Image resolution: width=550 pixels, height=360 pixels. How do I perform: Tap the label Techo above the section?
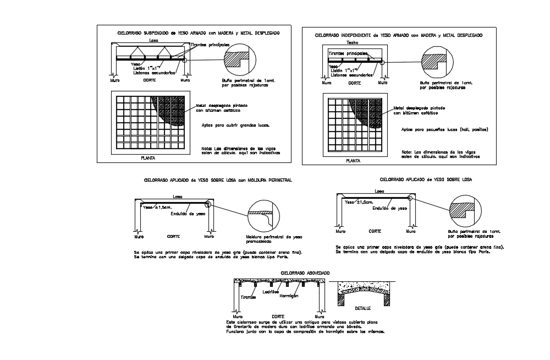tap(353, 42)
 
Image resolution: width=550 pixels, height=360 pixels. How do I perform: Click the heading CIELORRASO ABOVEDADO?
tap(305, 272)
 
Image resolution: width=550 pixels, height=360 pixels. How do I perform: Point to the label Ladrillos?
tap(271, 292)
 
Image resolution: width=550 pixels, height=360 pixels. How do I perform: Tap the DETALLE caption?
tap(363, 308)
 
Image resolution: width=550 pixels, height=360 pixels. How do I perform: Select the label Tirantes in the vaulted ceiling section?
tap(248, 297)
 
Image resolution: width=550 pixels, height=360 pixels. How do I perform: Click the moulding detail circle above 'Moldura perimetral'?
tap(261, 216)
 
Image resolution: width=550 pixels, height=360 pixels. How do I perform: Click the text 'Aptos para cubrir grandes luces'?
tap(235, 125)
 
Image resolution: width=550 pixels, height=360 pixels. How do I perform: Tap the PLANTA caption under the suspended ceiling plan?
tap(148, 157)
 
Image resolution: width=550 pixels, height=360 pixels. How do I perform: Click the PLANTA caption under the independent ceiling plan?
tap(353, 161)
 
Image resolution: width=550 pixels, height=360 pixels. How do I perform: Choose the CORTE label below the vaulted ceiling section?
tap(278, 317)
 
